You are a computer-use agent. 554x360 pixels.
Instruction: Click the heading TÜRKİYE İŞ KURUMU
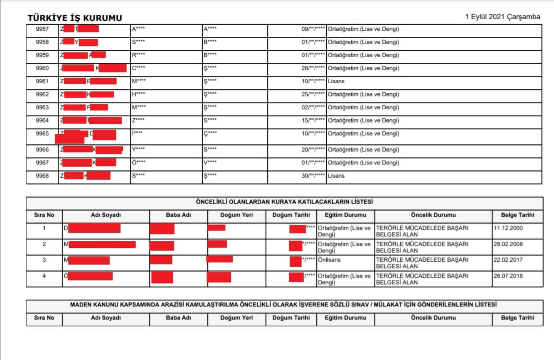pos(75,18)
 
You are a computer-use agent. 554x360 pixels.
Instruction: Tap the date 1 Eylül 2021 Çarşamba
pos(502,17)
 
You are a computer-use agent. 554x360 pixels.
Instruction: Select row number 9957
pos(42,29)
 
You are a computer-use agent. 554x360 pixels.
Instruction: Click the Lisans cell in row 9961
pos(336,81)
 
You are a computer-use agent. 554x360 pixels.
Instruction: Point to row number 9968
pos(42,176)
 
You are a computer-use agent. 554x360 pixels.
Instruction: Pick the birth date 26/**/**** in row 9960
pos(313,68)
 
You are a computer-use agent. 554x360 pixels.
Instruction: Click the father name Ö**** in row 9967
pos(139,162)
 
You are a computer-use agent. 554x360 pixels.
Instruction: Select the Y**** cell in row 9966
pos(138,149)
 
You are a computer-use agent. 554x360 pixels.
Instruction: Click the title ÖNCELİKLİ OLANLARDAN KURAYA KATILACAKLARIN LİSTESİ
pos(284,202)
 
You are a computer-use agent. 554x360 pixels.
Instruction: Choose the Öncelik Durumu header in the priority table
pos(433,215)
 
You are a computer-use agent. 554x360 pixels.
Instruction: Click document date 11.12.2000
pos(508,228)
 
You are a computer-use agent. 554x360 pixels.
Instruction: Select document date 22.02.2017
pos(508,260)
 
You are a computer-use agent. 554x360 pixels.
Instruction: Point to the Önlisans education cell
pos(329,260)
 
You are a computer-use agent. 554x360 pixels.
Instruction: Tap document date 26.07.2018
pos(508,276)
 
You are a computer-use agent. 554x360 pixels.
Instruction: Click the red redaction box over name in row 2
pos(102,244)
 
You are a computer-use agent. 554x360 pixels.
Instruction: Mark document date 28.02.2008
pos(508,244)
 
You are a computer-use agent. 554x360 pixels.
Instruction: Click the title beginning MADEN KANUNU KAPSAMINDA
pos(283,304)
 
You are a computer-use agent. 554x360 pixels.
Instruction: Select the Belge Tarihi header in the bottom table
pos(517,318)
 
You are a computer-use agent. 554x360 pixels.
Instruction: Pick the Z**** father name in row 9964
pos(138,120)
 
